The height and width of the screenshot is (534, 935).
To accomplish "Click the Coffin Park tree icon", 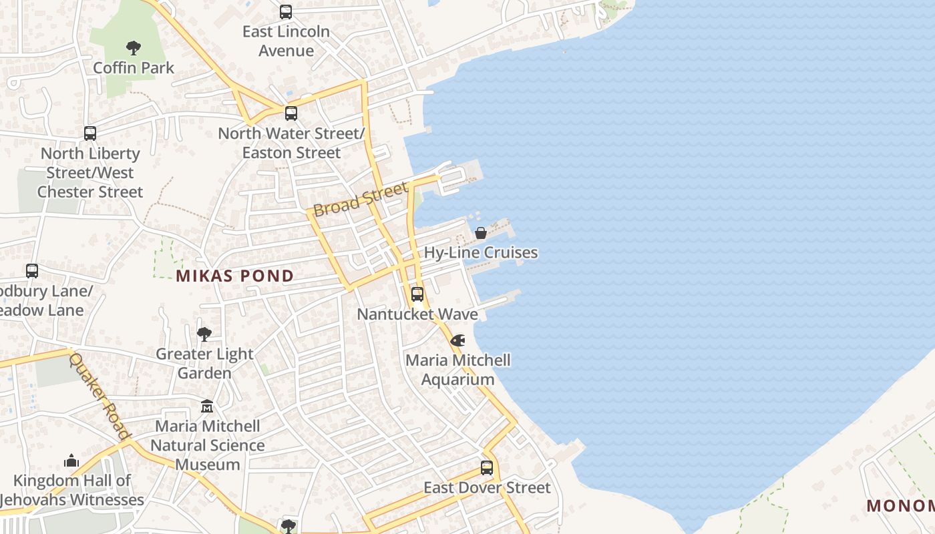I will coord(134,48).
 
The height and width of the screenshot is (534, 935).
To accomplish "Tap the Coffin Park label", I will coord(134,68).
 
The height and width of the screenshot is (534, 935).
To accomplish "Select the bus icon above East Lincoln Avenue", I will coord(286,12).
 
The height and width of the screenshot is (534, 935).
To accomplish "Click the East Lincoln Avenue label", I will coord(286,41).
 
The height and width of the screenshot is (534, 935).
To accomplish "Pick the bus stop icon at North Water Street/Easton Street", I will coord(291,113).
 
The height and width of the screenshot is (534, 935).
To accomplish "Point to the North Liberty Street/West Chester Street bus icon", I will coord(90,133).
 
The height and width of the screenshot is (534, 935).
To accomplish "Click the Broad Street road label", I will coord(360,199).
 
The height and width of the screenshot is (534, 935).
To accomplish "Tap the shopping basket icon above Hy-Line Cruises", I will coord(480,233).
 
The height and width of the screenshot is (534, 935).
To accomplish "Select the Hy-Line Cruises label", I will coord(481,252).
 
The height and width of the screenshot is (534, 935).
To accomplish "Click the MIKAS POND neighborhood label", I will coord(234,276).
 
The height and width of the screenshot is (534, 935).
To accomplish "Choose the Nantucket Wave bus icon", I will coord(417,294).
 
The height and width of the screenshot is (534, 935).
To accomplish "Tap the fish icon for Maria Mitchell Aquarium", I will coord(457,340).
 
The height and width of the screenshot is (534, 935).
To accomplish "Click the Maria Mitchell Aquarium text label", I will coord(458,370).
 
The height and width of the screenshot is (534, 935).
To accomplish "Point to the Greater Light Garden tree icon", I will coord(204,334).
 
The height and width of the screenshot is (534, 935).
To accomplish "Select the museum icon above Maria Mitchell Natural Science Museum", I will coord(207,406).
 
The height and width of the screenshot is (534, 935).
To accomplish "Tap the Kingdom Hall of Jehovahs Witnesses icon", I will coord(71,461).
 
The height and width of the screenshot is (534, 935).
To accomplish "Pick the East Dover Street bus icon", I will coord(487,468).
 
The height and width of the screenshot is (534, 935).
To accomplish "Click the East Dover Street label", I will coord(487,488).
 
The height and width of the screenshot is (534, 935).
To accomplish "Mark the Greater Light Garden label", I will coord(204,363).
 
